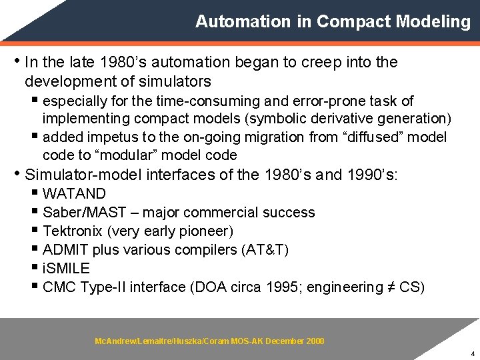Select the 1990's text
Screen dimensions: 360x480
[371, 175]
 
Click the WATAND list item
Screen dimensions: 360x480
[74, 194]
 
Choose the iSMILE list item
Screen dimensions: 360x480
[65, 269]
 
